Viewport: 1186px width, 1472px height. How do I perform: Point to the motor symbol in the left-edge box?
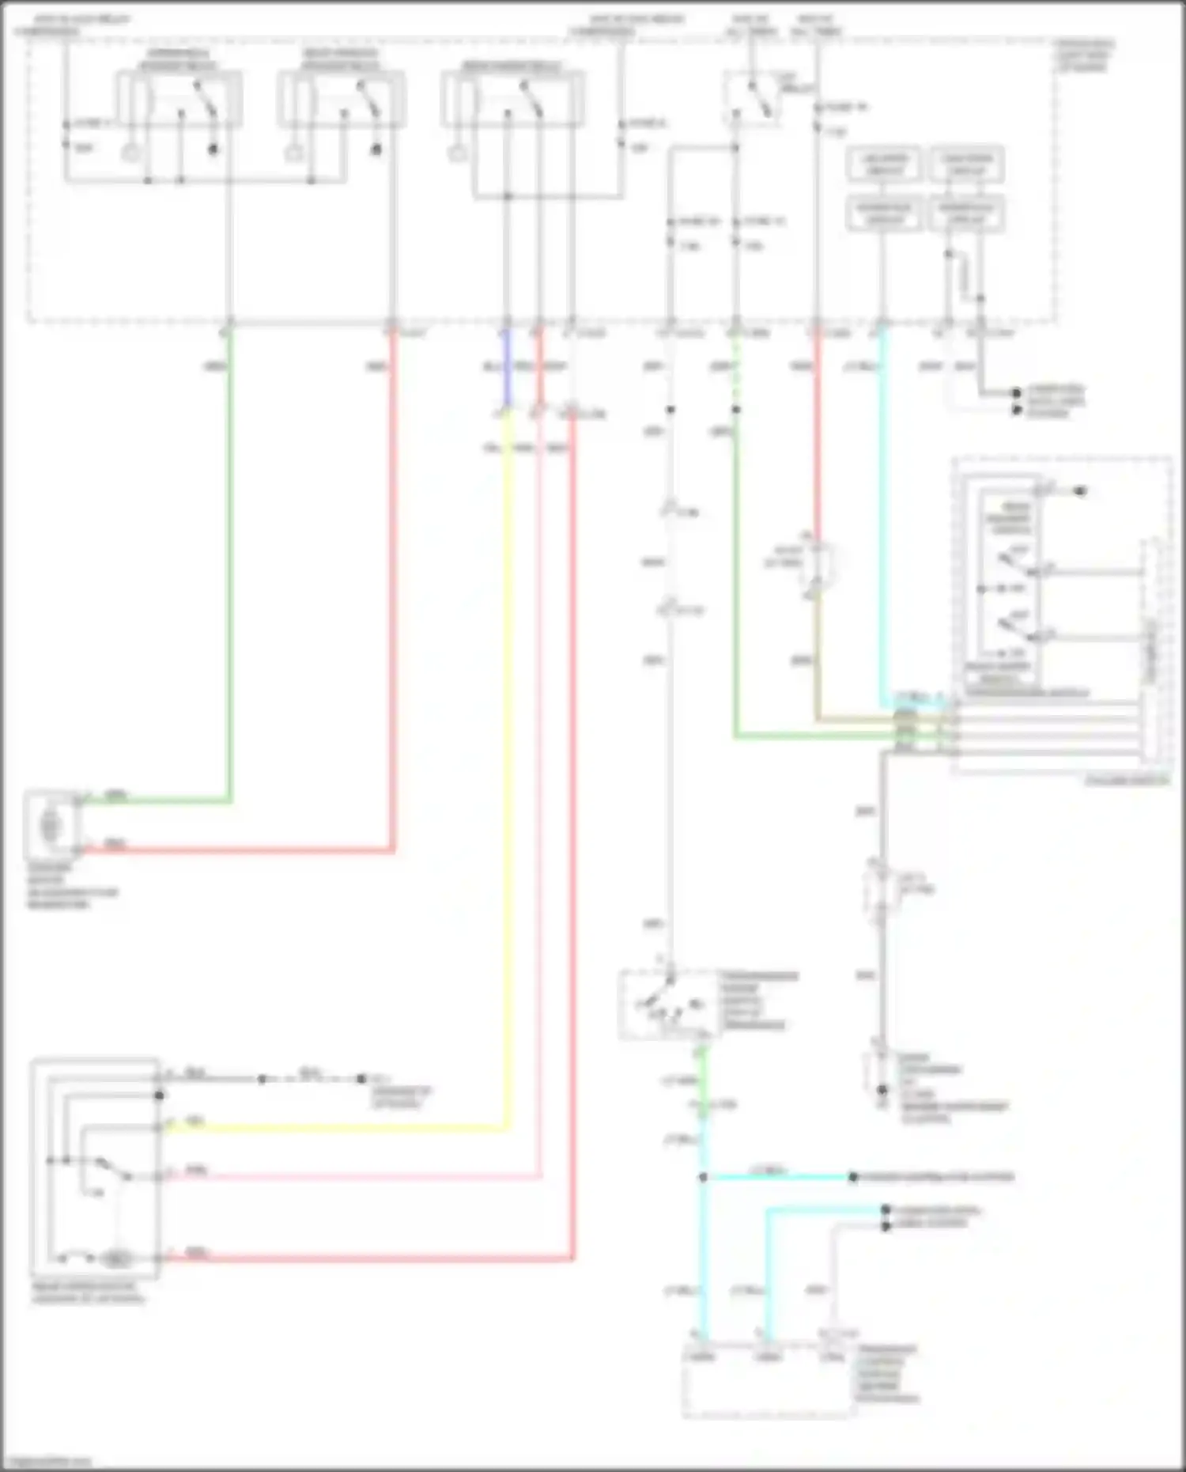tap(51, 825)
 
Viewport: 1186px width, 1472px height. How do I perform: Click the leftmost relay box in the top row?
tap(179, 99)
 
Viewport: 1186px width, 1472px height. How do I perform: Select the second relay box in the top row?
tap(342, 99)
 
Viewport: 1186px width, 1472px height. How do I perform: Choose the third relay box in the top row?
tap(514, 99)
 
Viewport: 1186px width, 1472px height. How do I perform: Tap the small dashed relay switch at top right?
tap(751, 99)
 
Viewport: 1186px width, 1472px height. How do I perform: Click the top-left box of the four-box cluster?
tap(884, 165)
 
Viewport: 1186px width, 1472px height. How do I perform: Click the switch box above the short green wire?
tap(668, 1005)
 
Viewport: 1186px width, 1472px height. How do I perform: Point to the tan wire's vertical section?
tap(817, 657)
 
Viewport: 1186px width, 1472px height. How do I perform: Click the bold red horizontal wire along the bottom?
tap(372, 1258)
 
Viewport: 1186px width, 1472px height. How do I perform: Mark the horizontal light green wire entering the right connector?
tap(814, 737)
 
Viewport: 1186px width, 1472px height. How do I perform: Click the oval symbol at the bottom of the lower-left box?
tap(116, 1258)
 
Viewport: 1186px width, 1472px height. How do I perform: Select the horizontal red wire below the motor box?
tap(237, 851)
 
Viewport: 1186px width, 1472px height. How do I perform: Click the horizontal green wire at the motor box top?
tap(158, 801)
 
